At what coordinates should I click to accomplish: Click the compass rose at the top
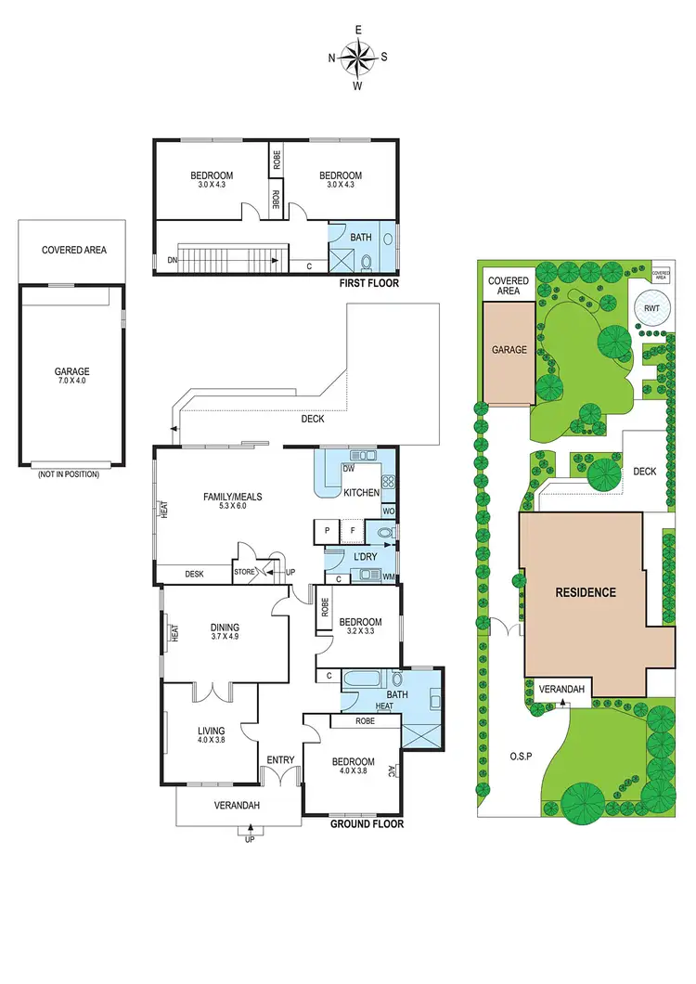click(x=358, y=58)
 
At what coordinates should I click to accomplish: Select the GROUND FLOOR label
click(x=367, y=823)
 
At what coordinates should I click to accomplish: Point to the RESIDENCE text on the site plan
click(x=585, y=592)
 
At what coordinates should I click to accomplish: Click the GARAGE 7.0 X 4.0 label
click(x=71, y=376)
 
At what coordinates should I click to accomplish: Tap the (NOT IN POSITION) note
click(x=70, y=474)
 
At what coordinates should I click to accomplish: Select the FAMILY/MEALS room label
click(x=233, y=501)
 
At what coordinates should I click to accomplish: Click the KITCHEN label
click(x=361, y=492)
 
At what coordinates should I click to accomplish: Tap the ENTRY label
click(x=280, y=760)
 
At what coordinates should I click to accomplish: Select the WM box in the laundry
click(x=387, y=577)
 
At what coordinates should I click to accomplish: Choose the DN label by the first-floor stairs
click(x=172, y=260)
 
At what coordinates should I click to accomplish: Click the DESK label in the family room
click(x=194, y=575)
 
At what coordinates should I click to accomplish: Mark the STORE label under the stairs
click(x=244, y=572)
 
